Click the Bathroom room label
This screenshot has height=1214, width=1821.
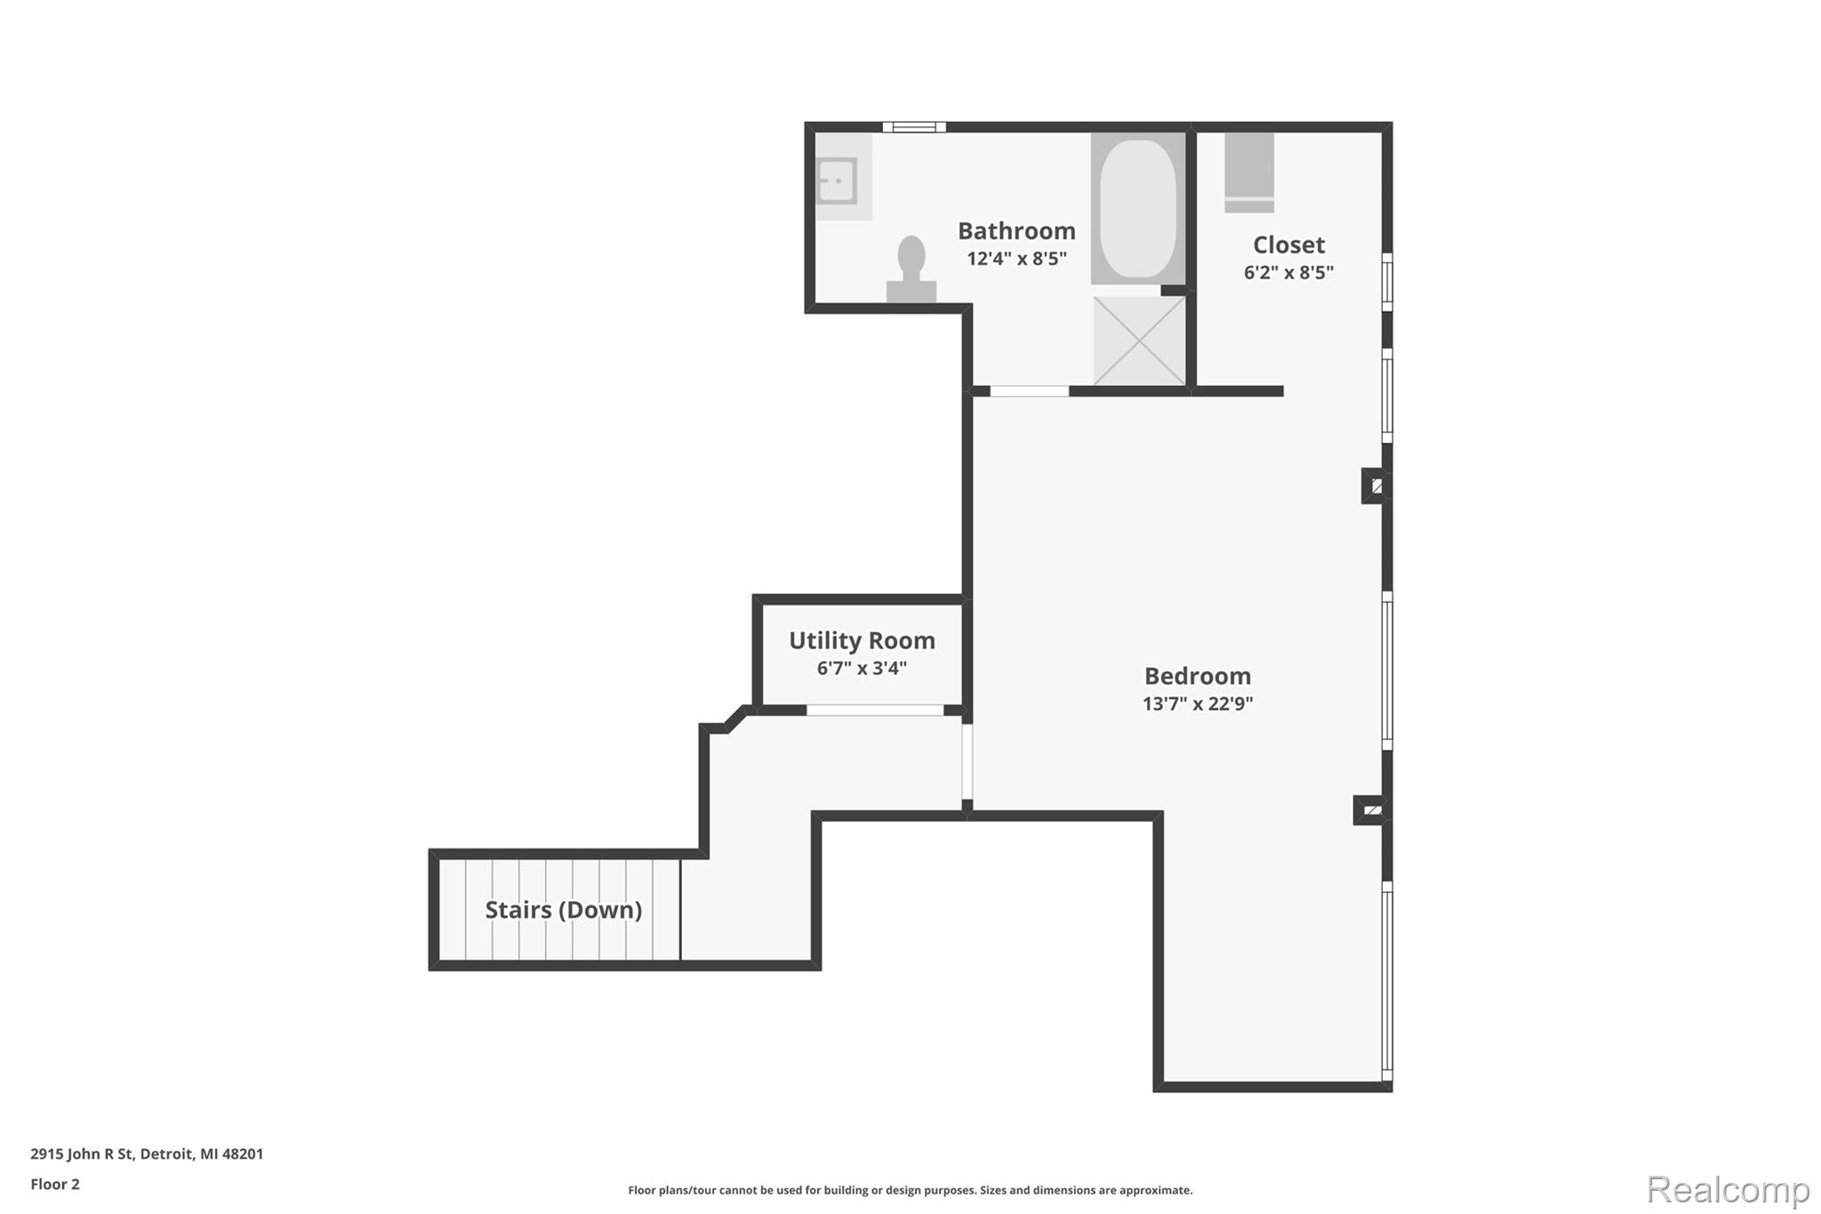1016,231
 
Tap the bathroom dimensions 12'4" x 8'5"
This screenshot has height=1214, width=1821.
1016,259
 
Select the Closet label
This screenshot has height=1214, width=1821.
1288,245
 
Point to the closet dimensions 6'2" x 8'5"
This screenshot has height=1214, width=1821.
1288,273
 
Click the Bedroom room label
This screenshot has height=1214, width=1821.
1197,676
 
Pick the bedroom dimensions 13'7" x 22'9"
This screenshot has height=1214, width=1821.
1197,703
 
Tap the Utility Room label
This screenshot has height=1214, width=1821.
862,640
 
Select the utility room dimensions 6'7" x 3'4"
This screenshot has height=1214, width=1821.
862,668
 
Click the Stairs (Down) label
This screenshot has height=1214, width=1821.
563,910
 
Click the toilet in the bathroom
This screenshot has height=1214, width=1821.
911,270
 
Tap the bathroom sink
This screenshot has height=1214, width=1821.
836,181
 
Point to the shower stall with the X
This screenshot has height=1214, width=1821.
1139,341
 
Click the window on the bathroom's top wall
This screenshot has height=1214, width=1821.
914,127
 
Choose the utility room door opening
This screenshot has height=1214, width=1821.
875,710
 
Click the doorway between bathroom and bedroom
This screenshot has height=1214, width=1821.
1030,391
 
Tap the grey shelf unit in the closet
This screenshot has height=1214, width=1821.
1249,173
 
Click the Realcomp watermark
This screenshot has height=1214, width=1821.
1728,1189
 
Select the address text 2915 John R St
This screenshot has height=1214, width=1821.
82,1154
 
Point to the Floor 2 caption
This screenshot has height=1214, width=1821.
55,1184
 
